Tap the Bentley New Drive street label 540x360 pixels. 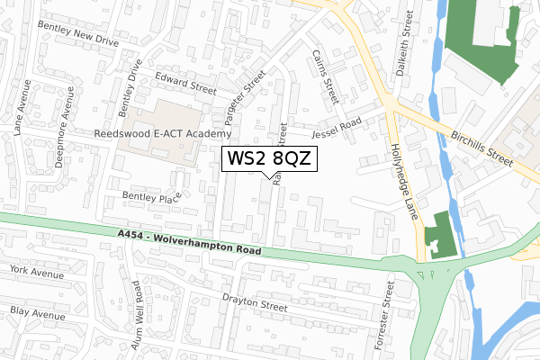point(77,35)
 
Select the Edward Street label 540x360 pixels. point(184,83)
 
